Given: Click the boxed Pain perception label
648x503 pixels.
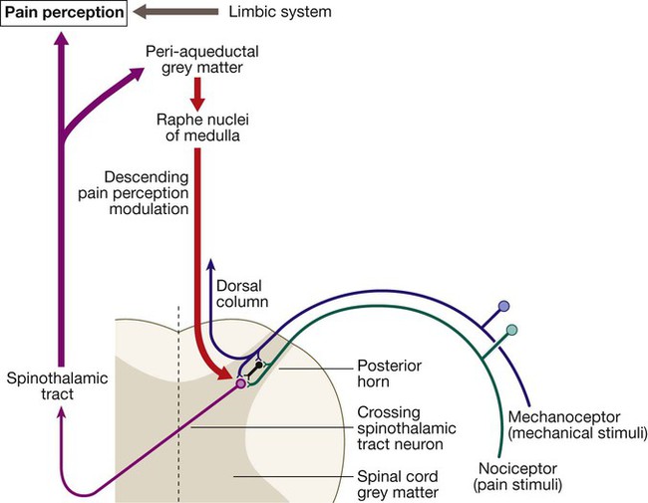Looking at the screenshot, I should point(62,14).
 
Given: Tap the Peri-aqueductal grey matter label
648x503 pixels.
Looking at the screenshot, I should point(198,58).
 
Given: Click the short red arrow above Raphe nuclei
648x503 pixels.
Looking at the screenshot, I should point(196,95).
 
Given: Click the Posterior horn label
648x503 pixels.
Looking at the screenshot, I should point(390,374).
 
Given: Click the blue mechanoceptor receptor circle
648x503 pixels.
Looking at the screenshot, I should point(503,307).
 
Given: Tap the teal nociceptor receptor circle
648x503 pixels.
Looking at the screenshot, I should point(512,330).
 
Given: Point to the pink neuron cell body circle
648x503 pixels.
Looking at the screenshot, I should point(240,382).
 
